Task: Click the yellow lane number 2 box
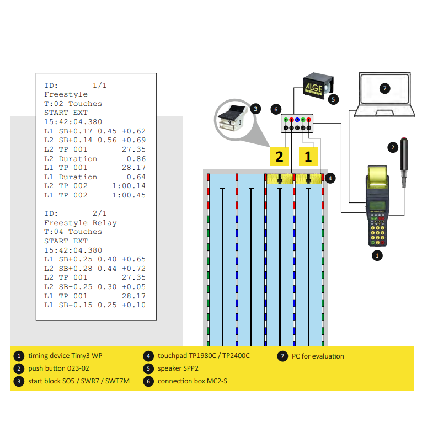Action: pyautogui.click(x=280, y=156)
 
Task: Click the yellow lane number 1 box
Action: pyautogui.click(x=308, y=156)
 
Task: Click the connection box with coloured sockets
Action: pyautogui.click(x=297, y=124)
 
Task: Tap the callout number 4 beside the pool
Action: pyautogui.click(x=330, y=178)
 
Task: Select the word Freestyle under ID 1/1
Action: pyautogui.click(x=66, y=94)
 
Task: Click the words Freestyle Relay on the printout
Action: pyautogui.click(x=81, y=223)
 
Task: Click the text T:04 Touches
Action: pyautogui.click(x=73, y=232)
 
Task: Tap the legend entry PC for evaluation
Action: pyautogui.click(x=318, y=356)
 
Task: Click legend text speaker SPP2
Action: pyautogui.click(x=179, y=368)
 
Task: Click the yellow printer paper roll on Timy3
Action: pyautogui.click(x=378, y=176)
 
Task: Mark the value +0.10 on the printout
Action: pyautogui.click(x=134, y=305)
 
